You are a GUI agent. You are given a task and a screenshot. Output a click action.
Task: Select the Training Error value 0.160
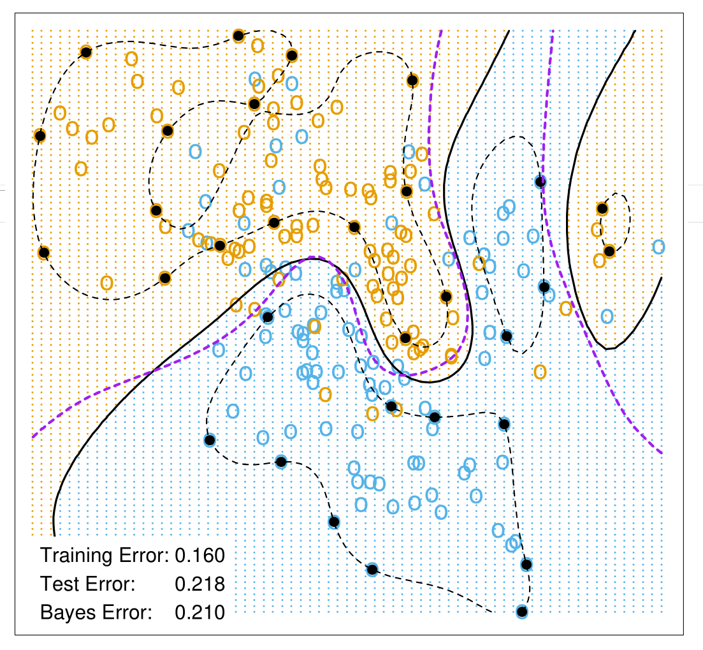(199, 556)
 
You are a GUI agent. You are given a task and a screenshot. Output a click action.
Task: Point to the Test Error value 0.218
(199, 584)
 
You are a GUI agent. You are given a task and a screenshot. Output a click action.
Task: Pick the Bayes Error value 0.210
(199, 613)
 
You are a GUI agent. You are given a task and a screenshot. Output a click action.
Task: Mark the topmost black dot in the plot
(238, 36)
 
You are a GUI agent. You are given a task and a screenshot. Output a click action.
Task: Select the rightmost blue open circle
(658, 247)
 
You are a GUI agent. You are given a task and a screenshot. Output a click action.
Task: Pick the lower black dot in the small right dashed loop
(609, 251)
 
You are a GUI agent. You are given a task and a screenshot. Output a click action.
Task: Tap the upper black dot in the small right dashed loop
(602, 208)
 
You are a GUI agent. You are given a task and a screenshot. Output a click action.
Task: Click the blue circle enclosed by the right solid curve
(607, 316)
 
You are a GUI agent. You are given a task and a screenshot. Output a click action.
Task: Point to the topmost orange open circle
(257, 46)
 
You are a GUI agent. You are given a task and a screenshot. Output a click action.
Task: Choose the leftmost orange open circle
(60, 113)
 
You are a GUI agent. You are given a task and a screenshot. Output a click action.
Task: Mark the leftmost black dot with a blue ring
(209, 439)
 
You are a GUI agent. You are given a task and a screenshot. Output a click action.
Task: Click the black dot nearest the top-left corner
(86, 52)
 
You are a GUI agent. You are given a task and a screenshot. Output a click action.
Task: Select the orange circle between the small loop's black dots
(597, 229)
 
